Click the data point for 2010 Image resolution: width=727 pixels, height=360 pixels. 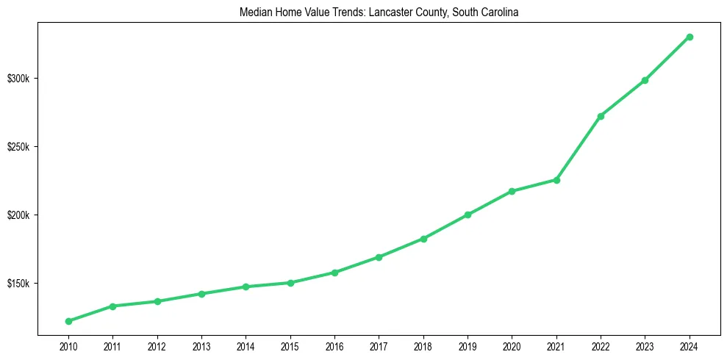[x=68, y=321]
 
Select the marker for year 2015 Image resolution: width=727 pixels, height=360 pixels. [x=290, y=283]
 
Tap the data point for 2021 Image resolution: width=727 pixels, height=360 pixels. [x=556, y=180]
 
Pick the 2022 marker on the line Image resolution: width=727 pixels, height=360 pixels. [x=601, y=116]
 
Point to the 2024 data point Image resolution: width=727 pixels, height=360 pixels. [x=690, y=37]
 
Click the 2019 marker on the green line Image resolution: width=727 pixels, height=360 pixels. [x=468, y=215]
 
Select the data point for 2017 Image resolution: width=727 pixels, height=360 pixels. [x=379, y=257]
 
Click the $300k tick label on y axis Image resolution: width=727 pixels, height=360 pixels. [x=18, y=79]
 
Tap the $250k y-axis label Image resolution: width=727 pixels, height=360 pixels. [x=18, y=147]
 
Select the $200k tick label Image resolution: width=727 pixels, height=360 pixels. [x=18, y=215]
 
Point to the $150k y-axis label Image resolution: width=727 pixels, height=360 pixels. [x=18, y=284]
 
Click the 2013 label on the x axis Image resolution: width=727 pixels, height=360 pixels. [x=201, y=346]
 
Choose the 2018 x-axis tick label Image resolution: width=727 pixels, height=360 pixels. [x=423, y=346]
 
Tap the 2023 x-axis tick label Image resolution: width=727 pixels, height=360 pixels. [x=645, y=346]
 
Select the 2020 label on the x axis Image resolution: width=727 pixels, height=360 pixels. [x=512, y=346]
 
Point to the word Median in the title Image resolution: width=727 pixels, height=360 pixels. [x=254, y=12]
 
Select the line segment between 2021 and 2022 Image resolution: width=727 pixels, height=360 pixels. [x=579, y=148]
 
